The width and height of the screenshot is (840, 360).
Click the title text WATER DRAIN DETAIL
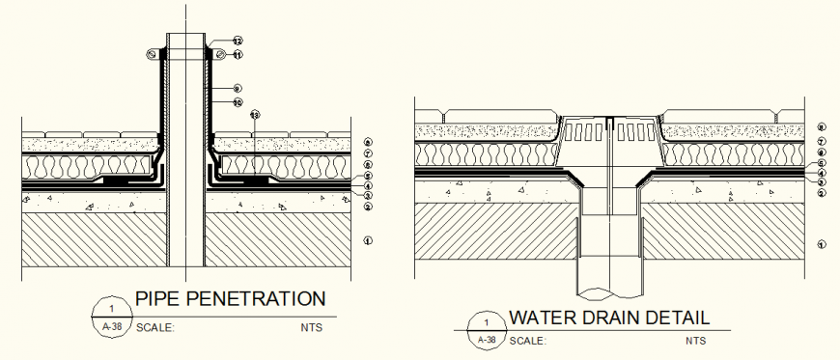pyautogui.click(x=609, y=317)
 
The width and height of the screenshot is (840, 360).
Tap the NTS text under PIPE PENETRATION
pyautogui.click(x=311, y=327)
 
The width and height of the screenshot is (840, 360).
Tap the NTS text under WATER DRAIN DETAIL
pyautogui.click(x=695, y=341)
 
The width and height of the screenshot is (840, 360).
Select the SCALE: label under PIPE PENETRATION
pyautogui.click(x=155, y=327)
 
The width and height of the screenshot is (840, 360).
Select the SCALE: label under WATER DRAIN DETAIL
pyautogui.click(x=528, y=341)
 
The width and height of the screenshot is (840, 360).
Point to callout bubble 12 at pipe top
pyautogui.click(x=238, y=41)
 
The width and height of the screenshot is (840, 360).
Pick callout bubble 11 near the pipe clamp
pyautogui.click(x=238, y=55)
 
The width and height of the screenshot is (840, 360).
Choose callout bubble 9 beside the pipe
pyautogui.click(x=238, y=88)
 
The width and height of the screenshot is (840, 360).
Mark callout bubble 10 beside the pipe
pyautogui.click(x=238, y=102)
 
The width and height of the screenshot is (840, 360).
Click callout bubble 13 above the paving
pyautogui.click(x=255, y=115)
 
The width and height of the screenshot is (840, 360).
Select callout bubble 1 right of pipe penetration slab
pyautogui.click(x=368, y=240)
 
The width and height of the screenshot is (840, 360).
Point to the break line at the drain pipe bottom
pyautogui.click(x=609, y=292)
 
